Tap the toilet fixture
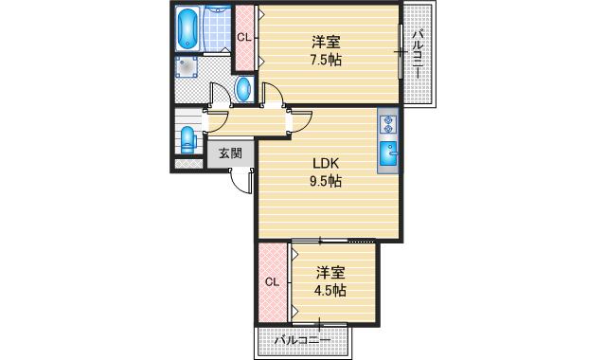pos(187,138)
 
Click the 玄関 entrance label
pos(230,153)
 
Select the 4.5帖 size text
pos(330,290)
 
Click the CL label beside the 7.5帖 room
pos(243,38)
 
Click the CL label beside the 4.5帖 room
pos(272,281)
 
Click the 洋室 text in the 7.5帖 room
pos(327,42)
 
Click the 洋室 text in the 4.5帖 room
pos(330,271)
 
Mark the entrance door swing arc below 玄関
pos(242,180)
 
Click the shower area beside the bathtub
pos(218,28)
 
